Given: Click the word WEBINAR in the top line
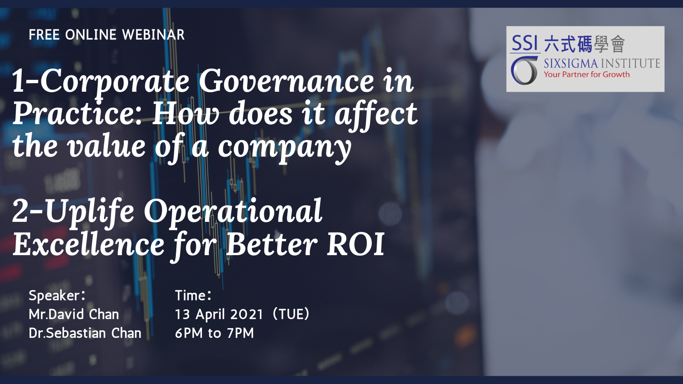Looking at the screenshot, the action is (153, 35).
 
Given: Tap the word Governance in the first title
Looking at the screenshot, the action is (286, 81).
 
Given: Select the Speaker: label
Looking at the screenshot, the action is (57, 296).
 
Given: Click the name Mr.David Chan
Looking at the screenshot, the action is (74, 314).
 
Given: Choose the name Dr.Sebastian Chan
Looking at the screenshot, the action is (85, 333).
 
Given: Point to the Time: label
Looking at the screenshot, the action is (193, 295).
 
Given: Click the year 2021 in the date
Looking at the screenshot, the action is (246, 314).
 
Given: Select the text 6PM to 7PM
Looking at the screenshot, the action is (214, 333).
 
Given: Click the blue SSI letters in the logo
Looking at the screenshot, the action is (525, 43).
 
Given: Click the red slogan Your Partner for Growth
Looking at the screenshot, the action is (587, 75).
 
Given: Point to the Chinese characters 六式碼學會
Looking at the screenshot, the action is (584, 44).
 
